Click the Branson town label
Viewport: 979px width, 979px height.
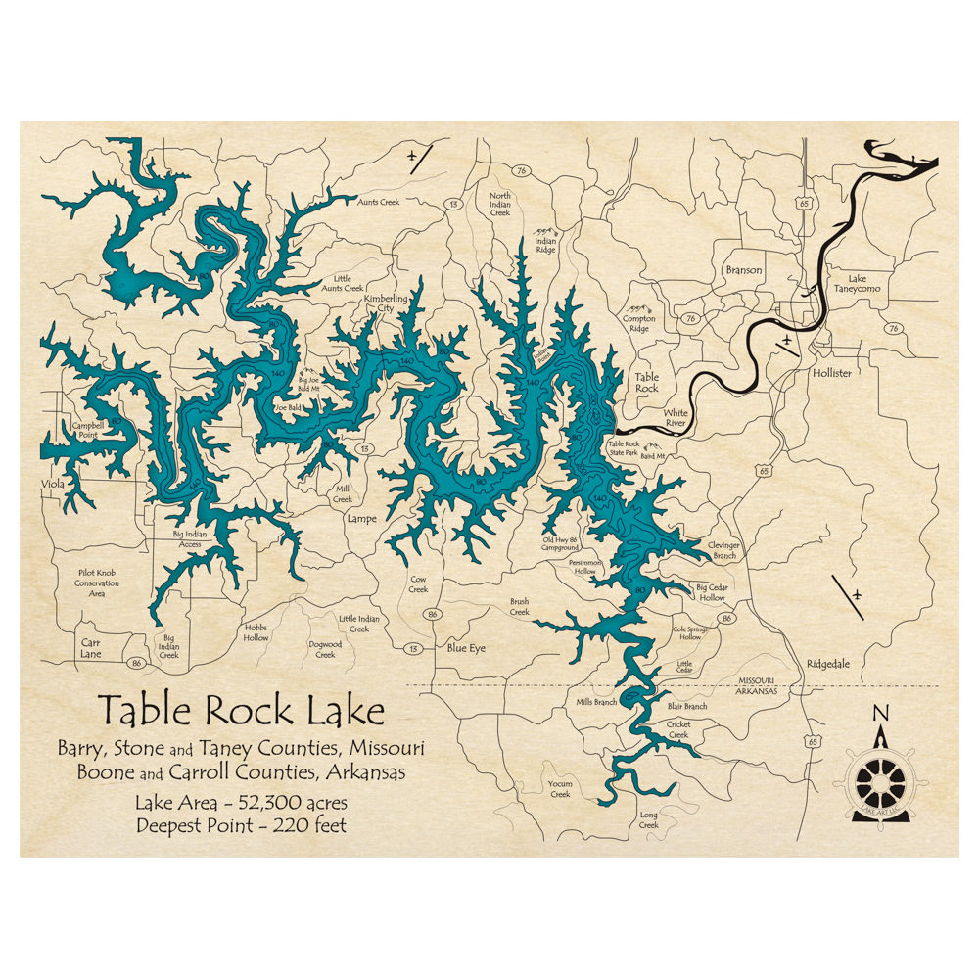click(x=743, y=270)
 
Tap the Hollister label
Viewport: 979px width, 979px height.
click(x=831, y=374)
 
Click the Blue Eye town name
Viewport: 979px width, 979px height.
click(x=466, y=648)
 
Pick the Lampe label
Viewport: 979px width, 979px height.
click(x=360, y=519)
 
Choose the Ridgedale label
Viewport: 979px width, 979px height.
click(x=828, y=664)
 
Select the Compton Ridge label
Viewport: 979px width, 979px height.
click(x=640, y=323)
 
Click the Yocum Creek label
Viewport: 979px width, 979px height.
click(x=560, y=789)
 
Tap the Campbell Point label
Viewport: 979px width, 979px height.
click(x=87, y=432)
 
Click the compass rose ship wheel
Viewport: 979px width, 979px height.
click(x=880, y=777)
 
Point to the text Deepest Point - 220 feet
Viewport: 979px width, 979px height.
click(x=241, y=824)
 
